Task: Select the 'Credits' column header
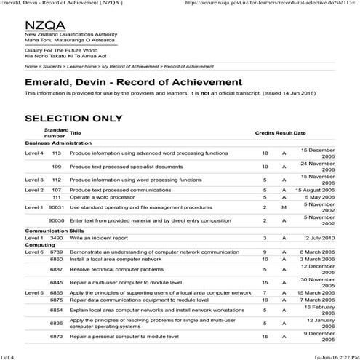tap(264, 133)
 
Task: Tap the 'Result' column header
tap(284, 133)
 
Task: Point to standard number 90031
tap(55, 207)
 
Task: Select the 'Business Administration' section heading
tap(63, 143)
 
